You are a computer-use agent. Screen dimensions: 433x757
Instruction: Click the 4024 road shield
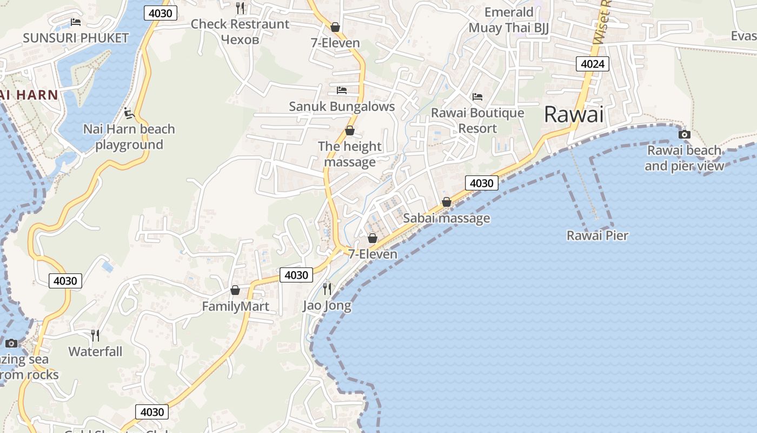click(x=593, y=64)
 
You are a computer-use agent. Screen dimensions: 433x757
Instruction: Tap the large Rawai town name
click(x=573, y=114)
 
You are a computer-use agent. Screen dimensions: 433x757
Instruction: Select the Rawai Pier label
click(x=597, y=235)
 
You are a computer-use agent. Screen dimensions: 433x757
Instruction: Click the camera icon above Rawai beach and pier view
click(x=685, y=134)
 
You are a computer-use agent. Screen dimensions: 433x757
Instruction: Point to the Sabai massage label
click(x=447, y=218)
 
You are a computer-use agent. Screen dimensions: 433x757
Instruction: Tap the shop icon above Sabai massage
click(x=447, y=202)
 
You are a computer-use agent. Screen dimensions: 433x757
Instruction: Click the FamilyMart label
click(x=235, y=306)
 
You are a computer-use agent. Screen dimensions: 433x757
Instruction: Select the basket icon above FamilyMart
click(x=235, y=291)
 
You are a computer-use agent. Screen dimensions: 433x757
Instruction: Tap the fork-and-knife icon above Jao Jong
click(x=327, y=288)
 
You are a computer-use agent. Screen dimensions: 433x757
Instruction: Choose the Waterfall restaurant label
click(x=95, y=351)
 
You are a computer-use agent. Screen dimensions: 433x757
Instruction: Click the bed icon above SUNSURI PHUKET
click(x=76, y=22)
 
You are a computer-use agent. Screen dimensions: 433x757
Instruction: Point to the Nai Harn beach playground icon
click(x=129, y=113)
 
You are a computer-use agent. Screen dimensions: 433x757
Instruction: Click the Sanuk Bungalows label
click(x=342, y=106)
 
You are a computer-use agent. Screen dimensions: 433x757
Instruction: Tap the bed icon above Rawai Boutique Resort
click(x=477, y=97)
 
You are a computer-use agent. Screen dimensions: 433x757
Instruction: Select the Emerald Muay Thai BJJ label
click(x=508, y=20)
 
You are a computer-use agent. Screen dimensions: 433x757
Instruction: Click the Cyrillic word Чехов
click(x=240, y=39)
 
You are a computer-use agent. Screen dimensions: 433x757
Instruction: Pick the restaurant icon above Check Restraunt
click(x=240, y=8)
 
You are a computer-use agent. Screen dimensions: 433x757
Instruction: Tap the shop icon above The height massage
click(x=350, y=130)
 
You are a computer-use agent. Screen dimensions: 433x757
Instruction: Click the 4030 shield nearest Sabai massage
click(x=481, y=183)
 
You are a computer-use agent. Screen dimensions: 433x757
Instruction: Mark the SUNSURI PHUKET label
click(x=76, y=38)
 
